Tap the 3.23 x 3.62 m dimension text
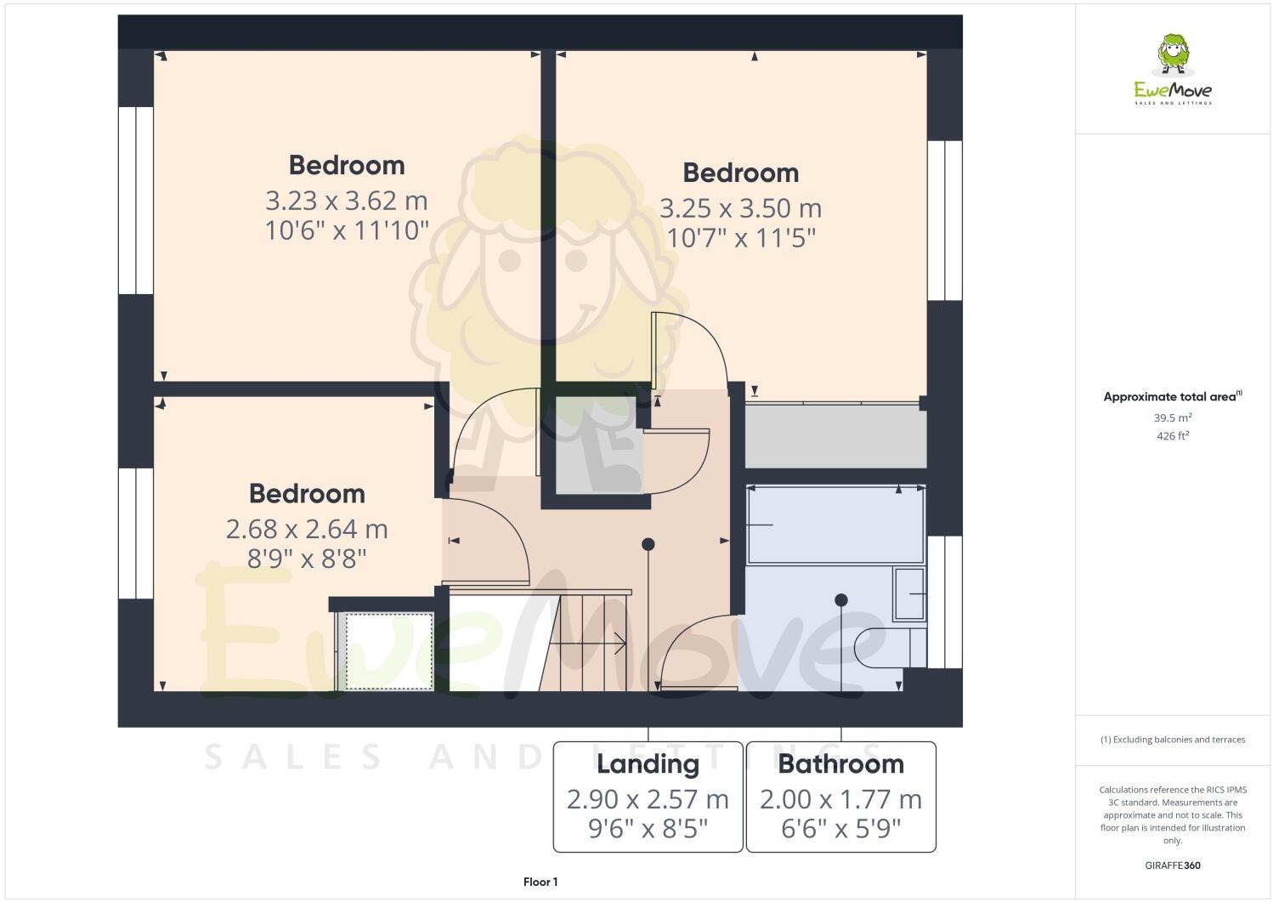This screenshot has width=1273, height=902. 347,201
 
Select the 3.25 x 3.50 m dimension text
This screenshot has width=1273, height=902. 740,208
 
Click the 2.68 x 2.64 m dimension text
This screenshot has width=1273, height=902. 307,530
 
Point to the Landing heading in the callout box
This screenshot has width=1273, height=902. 648,763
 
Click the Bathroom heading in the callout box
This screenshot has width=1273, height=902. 840,763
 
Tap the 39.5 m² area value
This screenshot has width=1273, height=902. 1173,417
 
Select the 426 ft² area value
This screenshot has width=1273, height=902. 1173,436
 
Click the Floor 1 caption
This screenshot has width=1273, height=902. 540,882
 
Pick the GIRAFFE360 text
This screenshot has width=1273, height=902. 1173,866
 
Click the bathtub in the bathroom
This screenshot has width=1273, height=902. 835,525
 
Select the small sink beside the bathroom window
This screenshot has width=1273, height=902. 908,593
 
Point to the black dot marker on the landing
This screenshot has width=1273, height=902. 648,544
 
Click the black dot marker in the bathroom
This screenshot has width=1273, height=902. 841,600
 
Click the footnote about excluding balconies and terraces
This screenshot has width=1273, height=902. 1173,740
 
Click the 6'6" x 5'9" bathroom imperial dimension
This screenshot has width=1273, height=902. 840,829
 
